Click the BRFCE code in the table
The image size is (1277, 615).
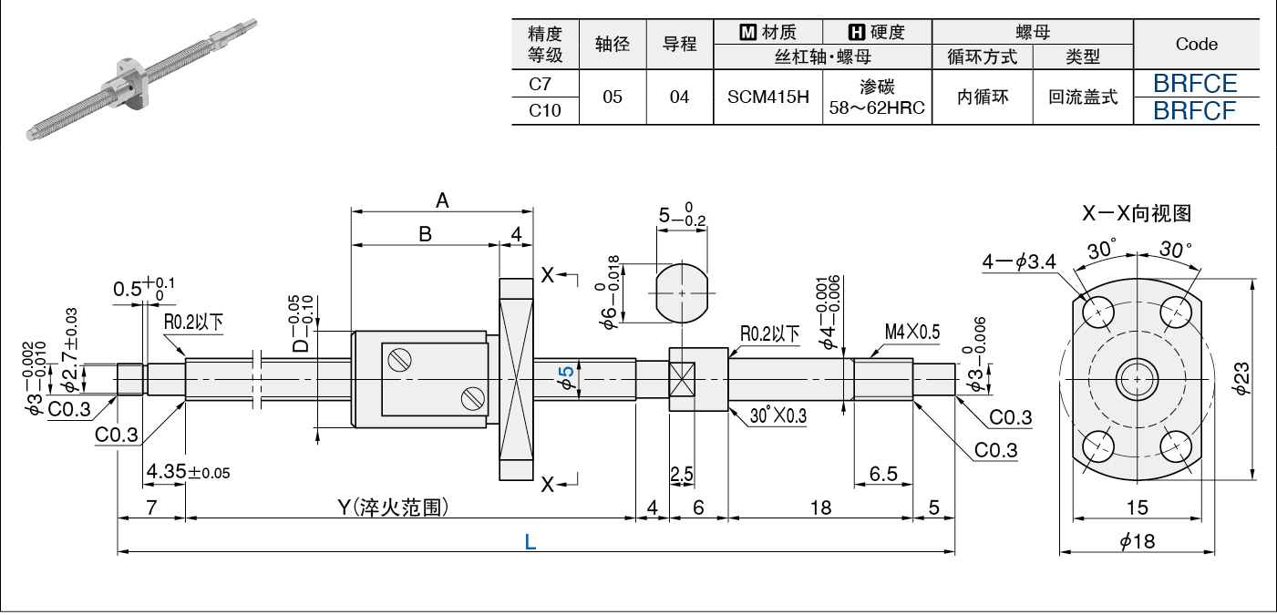[1195, 83]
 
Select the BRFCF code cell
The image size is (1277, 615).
[1194, 110]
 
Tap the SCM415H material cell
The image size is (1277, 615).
[767, 97]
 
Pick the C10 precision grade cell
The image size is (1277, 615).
[544, 110]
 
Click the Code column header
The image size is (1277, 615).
[1196, 44]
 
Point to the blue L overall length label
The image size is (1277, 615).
[530, 541]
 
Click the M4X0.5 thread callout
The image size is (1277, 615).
[912, 332]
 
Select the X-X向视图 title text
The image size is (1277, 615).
[1137, 213]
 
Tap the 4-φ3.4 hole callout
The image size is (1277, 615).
[1019, 261]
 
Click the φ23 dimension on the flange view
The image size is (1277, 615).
[1241, 378]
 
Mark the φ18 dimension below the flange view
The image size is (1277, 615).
[1138, 540]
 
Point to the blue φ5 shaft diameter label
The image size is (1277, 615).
[566, 378]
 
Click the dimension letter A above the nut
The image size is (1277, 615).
[442, 200]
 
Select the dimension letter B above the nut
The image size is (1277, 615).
[425, 234]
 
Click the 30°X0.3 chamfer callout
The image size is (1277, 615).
[778, 415]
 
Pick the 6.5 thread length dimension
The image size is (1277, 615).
[883, 474]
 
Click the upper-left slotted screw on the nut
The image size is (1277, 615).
[399, 360]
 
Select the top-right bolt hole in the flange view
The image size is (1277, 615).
[1176, 313]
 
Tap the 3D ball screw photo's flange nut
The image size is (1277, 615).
[129, 83]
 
